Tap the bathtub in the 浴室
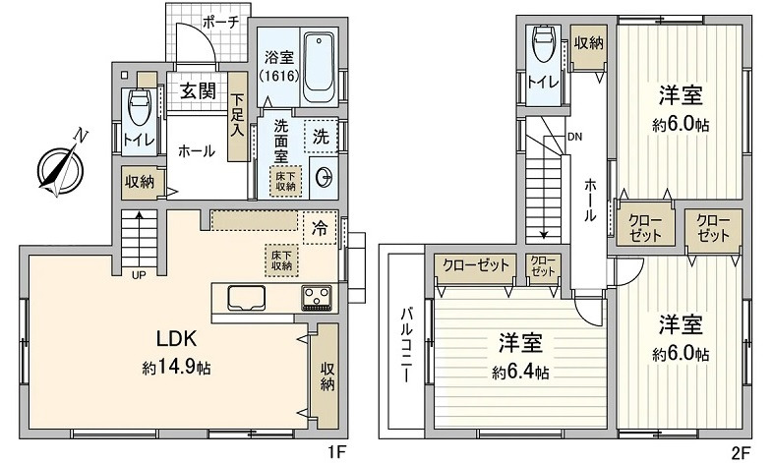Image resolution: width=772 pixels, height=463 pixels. click(x=318, y=68)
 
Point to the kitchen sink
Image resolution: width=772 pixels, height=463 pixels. click(x=246, y=298)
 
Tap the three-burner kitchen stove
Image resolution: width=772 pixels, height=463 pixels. click(x=317, y=298)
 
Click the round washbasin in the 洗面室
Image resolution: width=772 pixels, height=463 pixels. click(x=325, y=178)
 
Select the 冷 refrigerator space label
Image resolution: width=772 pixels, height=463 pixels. click(x=320, y=228)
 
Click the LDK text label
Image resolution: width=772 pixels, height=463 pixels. click(x=177, y=338)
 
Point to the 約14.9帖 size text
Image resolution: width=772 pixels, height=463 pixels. click(x=177, y=367)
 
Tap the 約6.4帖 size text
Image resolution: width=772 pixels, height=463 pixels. click(x=521, y=373)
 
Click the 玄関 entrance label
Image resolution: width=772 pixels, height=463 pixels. click(x=198, y=90)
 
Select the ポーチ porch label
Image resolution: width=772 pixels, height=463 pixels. click(x=220, y=23)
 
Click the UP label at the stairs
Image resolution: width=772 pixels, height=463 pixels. click(x=139, y=275)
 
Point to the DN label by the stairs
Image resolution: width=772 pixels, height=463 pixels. click(x=574, y=137)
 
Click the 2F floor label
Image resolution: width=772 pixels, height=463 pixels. click(x=742, y=450)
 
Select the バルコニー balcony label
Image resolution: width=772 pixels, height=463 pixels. click(x=406, y=344)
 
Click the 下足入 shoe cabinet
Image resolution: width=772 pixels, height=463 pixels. click(x=238, y=117)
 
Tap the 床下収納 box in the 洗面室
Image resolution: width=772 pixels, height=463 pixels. click(x=285, y=181)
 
